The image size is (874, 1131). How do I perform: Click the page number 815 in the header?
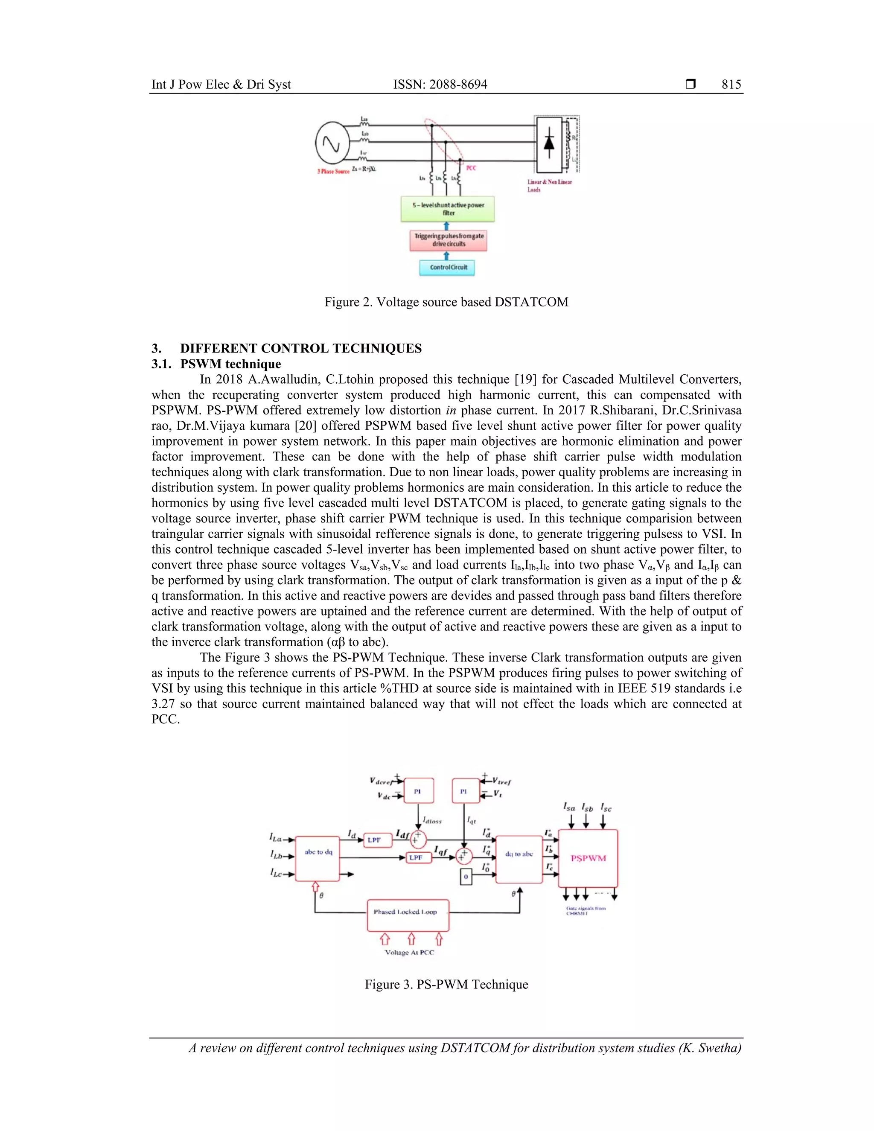tap(731, 85)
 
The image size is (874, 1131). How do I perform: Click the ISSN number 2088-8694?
tap(440, 85)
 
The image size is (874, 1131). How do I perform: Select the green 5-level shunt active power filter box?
tap(448, 209)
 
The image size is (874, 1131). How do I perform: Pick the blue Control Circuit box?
tap(447, 267)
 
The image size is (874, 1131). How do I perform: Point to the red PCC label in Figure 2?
tap(471, 168)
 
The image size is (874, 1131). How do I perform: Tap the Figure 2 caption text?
tap(446, 302)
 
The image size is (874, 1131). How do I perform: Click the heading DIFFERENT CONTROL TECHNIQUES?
tap(301, 348)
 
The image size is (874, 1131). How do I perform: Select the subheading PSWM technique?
tap(230, 364)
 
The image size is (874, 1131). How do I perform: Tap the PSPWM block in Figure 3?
tap(588, 858)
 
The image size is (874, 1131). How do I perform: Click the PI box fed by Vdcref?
tap(418, 791)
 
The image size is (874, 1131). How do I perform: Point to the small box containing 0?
tap(466, 877)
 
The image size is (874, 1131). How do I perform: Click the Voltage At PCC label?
tap(410, 952)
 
